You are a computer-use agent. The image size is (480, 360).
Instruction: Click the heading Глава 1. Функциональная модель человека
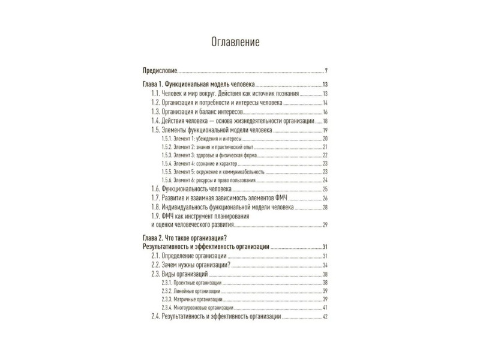(198, 84)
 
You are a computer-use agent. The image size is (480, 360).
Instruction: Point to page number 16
(325, 112)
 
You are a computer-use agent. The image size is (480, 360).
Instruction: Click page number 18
(325, 121)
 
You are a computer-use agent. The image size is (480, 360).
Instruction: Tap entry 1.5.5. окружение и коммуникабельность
(212, 171)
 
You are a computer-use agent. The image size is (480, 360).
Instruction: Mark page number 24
(325, 180)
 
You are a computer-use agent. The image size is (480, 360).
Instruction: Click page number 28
(325, 207)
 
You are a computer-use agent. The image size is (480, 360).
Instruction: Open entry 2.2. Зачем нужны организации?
(191, 265)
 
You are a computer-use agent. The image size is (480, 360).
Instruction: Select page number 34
(325, 265)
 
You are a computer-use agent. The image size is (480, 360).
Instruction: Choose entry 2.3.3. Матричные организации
(192, 299)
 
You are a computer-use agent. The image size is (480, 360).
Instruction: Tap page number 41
(325, 307)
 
